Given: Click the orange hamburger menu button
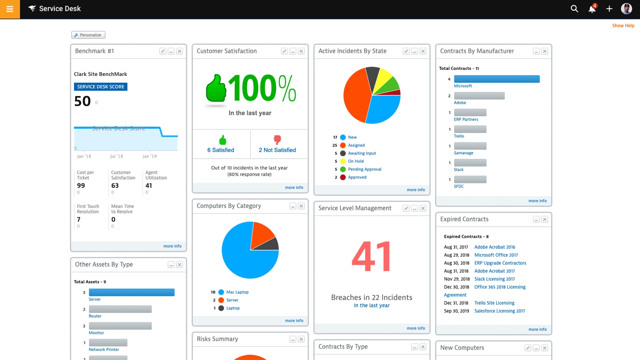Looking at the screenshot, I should (x=10, y=9).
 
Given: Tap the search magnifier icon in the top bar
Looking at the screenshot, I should (x=574, y=9).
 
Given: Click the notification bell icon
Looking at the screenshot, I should (x=592, y=9).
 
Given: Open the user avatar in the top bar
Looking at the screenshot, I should (x=626, y=9).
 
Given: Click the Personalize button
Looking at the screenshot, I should (x=88, y=35).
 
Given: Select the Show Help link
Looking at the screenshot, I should (x=623, y=26).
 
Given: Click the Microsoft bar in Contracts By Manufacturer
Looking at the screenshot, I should (x=497, y=79).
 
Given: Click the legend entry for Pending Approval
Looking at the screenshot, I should (x=364, y=169).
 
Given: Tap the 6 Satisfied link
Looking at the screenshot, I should (x=221, y=150).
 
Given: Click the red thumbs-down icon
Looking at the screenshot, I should (x=277, y=140).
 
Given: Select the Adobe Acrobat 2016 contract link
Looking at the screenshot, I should (x=495, y=247).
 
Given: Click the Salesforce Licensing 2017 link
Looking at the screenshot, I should (x=499, y=311).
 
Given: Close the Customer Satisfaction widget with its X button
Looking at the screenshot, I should (x=301, y=51).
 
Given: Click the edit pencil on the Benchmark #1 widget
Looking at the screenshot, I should (x=163, y=51).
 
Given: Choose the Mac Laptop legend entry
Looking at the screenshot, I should (x=237, y=292).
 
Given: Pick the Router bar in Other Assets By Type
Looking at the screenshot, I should (x=120, y=309).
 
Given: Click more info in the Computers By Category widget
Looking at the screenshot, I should (x=294, y=321).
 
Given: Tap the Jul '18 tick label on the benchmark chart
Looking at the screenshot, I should (x=116, y=156).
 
